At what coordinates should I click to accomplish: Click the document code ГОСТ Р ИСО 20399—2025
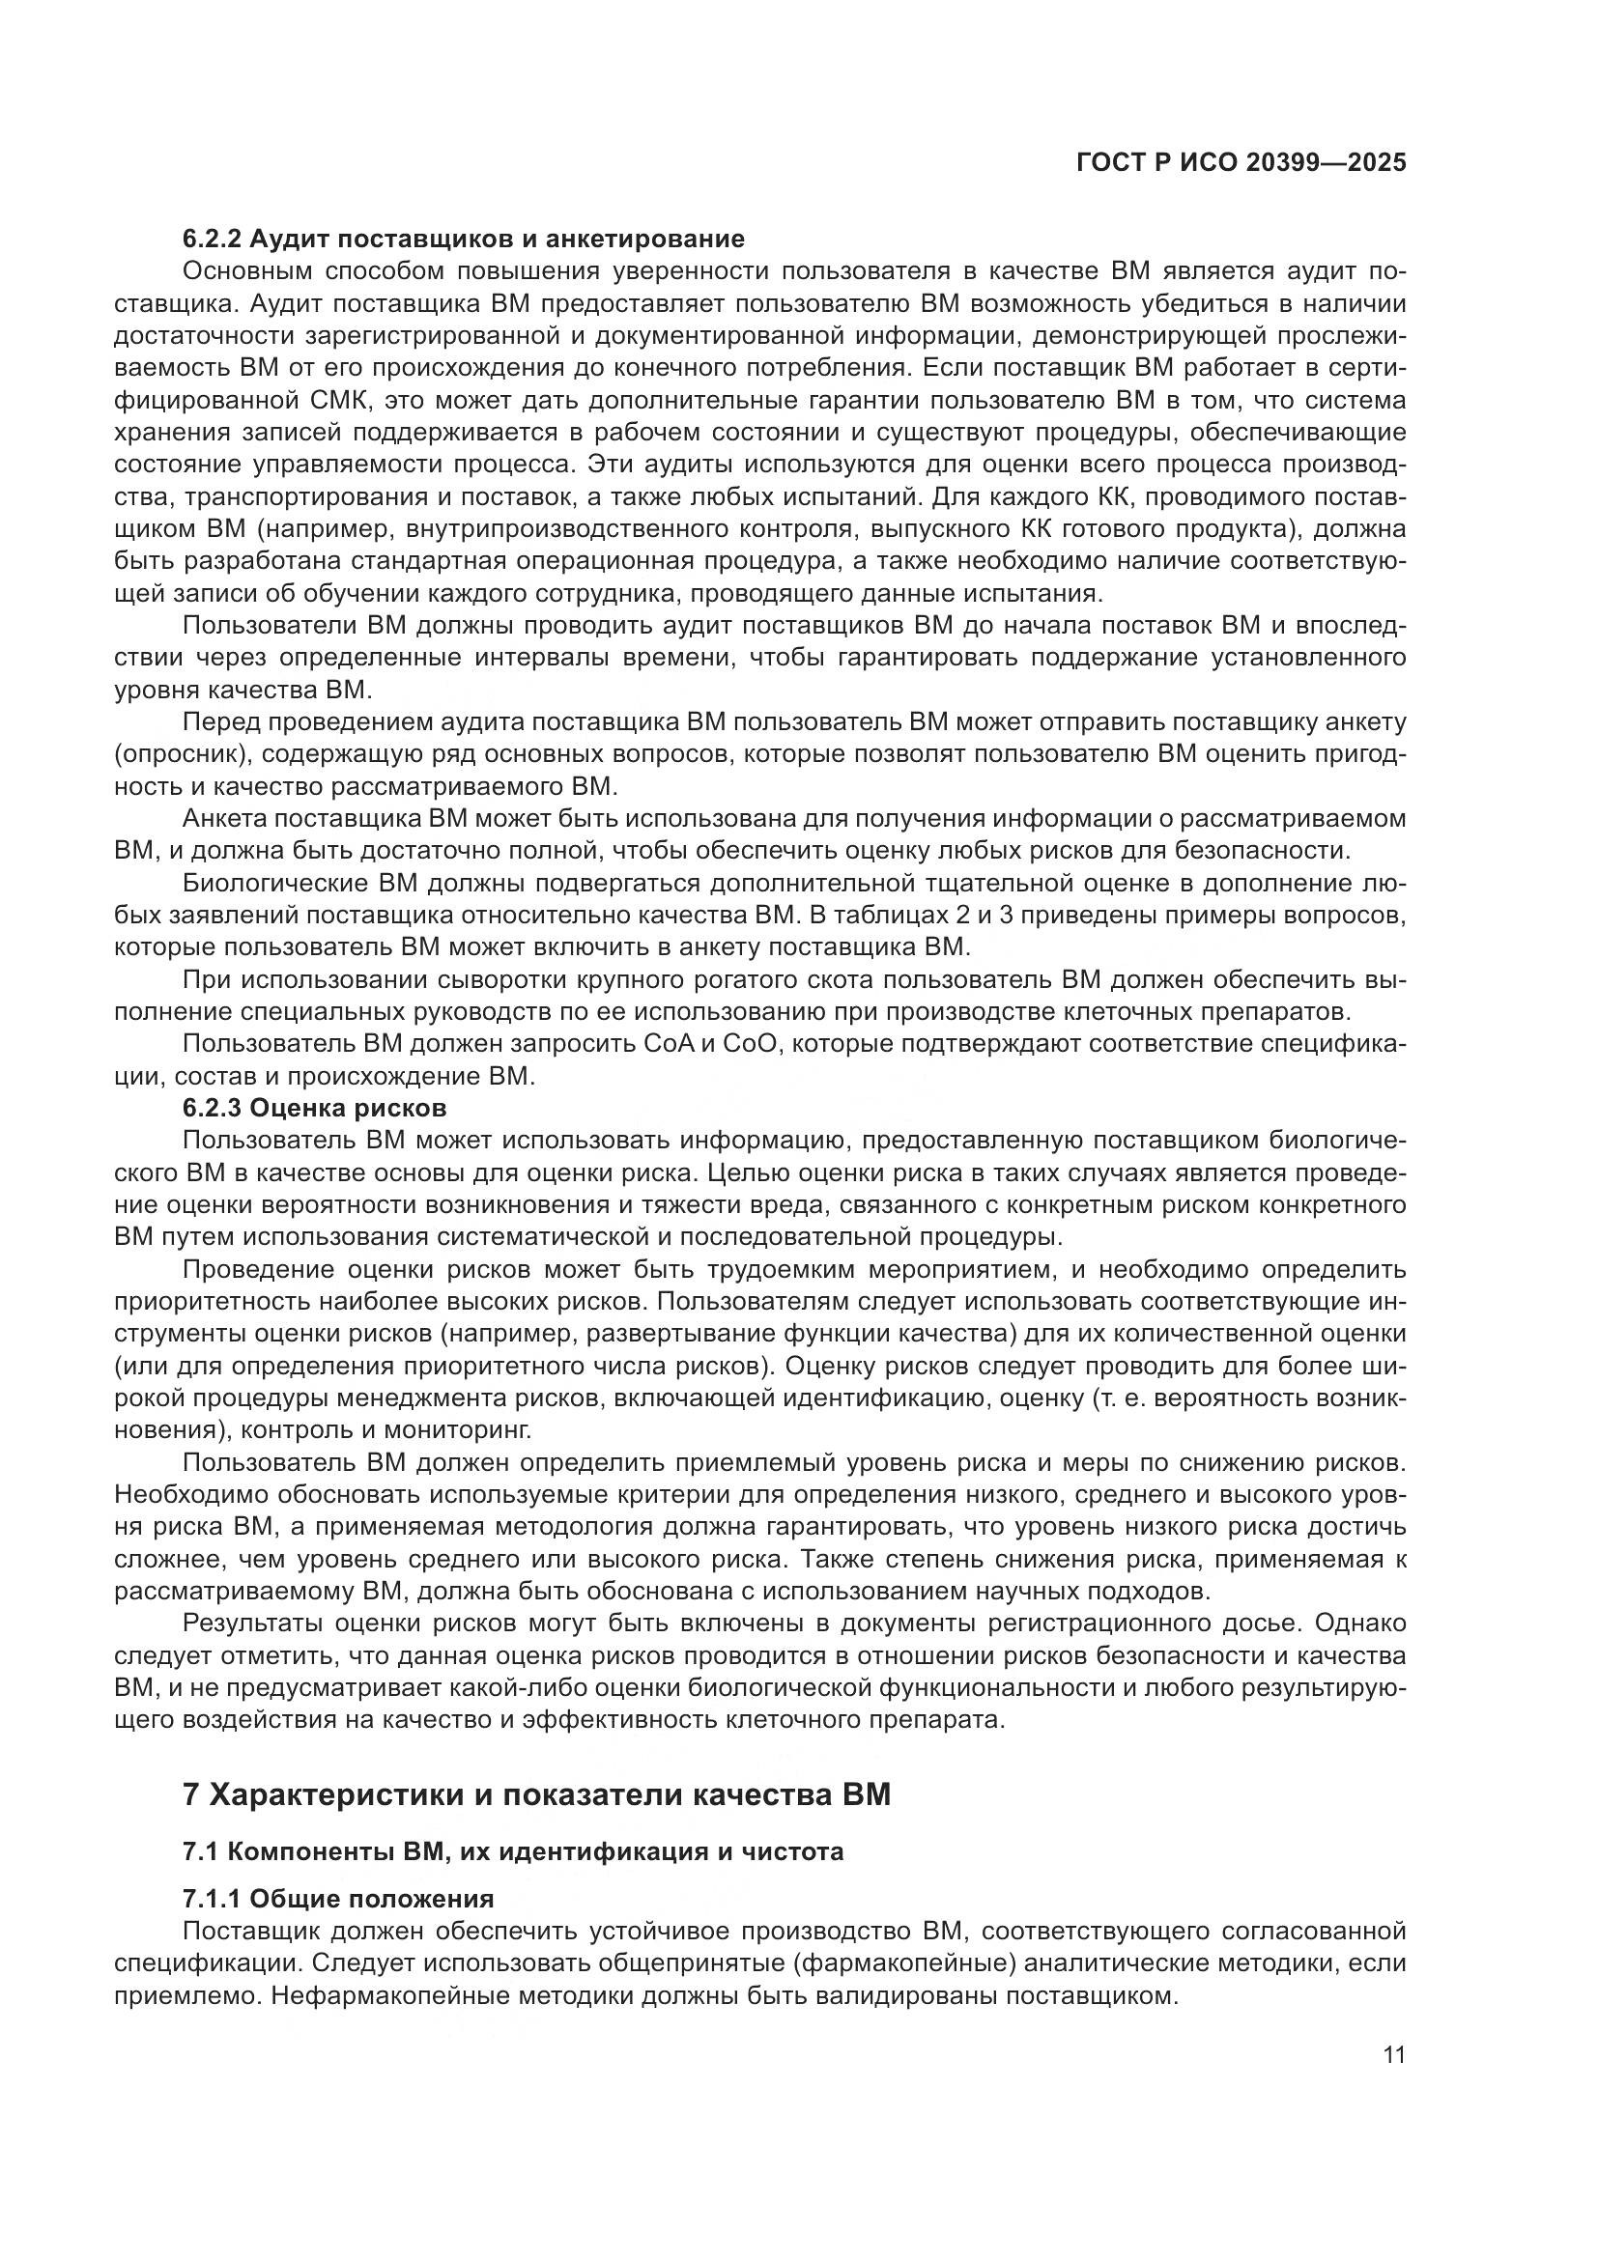point(1241,163)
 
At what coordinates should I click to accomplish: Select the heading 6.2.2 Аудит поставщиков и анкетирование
point(464,240)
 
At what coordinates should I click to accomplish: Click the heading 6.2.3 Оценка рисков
point(314,1108)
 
